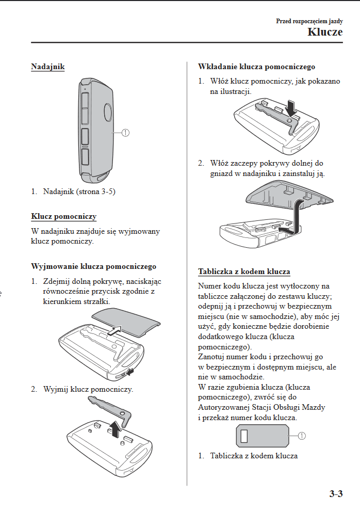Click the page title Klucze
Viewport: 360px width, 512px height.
pyautogui.click(x=325, y=32)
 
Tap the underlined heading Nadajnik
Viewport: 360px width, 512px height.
pyautogui.click(x=47, y=67)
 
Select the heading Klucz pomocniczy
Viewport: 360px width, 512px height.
pyautogui.click(x=63, y=216)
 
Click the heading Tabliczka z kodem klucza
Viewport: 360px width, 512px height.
pyautogui.click(x=244, y=271)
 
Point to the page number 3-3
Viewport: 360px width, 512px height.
pyautogui.click(x=336, y=493)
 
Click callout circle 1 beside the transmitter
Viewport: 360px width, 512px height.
pyautogui.click(x=125, y=133)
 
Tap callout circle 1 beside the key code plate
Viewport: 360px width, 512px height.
pyautogui.click(x=302, y=436)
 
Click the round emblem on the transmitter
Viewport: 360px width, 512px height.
pyautogui.click(x=108, y=112)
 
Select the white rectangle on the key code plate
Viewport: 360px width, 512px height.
pyautogui.click(x=244, y=436)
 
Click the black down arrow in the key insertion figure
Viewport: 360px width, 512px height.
pyautogui.click(x=291, y=108)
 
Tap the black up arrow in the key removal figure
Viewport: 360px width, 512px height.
pyautogui.click(x=114, y=429)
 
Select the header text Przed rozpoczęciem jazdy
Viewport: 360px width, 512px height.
pyautogui.click(x=309, y=21)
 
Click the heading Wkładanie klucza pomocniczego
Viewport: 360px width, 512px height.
pyautogui.click(x=256, y=67)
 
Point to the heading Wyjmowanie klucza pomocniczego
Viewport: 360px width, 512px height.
pyautogui.click(x=94, y=266)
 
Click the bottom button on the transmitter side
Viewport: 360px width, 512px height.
pyautogui.click(x=85, y=156)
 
